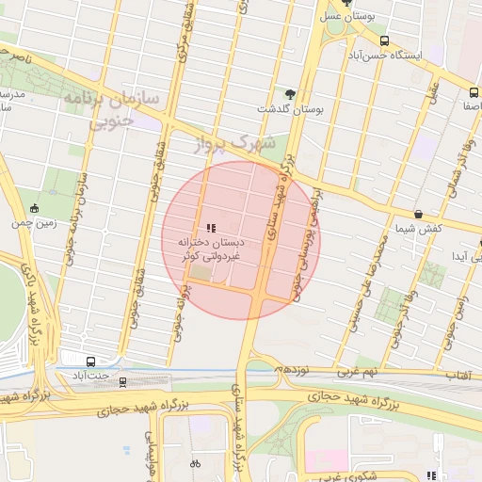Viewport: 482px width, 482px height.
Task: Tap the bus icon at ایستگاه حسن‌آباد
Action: pyautogui.click(x=384, y=40)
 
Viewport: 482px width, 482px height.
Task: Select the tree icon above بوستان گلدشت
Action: pyautogui.click(x=289, y=93)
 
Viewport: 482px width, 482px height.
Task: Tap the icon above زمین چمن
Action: pyautogui.click(x=35, y=208)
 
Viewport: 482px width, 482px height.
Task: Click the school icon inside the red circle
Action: pyautogui.click(x=211, y=228)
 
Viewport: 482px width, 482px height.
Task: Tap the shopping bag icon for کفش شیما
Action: pyautogui.click(x=418, y=214)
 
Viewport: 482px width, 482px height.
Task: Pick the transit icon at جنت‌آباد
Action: pyautogui.click(x=90, y=361)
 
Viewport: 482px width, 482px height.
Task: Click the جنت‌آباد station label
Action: pyautogui.click(x=90, y=377)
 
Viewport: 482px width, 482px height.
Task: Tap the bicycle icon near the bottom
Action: pyautogui.click(x=196, y=464)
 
